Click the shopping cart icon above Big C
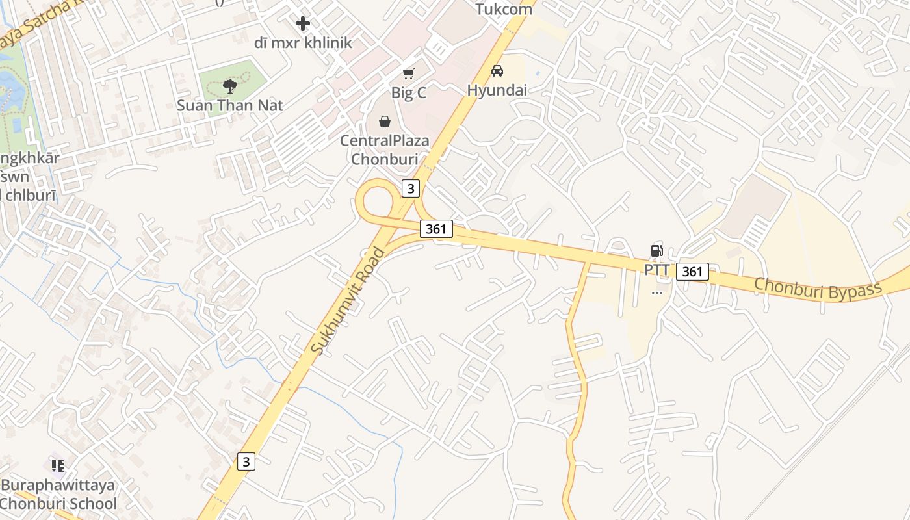pos(408,73)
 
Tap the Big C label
pos(408,93)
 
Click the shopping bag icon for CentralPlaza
pos(385,122)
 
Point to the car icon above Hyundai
pos(497,71)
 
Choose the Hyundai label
pos(497,90)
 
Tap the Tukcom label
pos(504,9)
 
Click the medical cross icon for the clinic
pos(302,24)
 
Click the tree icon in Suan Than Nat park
pos(229,86)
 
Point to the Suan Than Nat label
pos(230,105)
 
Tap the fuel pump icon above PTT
pos(656,250)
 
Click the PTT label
pos(656,270)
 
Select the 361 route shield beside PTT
pos(692,272)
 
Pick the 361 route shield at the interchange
pos(435,229)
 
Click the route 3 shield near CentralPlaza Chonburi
pos(410,188)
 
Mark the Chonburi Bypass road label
pos(818,288)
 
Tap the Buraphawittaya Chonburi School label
pos(58,494)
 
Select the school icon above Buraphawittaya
pos(58,465)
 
